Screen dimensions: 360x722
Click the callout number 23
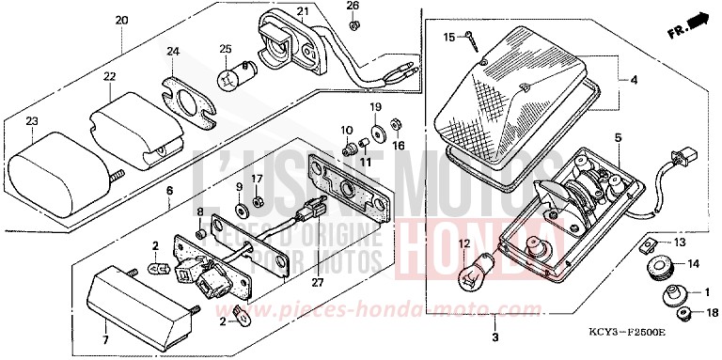[31, 122]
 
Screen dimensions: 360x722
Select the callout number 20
[121, 20]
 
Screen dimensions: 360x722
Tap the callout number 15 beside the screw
[449, 37]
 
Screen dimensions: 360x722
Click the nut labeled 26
[353, 24]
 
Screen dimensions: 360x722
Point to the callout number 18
[710, 313]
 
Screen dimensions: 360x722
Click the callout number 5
[618, 138]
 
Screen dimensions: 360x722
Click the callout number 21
[302, 11]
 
